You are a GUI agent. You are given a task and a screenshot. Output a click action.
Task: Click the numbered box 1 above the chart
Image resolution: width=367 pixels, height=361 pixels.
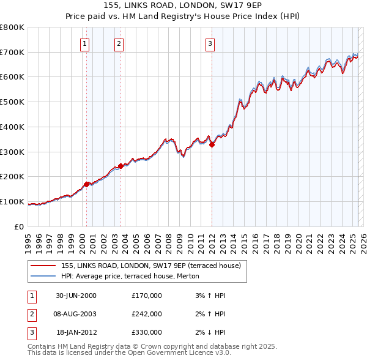click(84, 43)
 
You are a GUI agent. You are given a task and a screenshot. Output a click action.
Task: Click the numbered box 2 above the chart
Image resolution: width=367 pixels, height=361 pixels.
click(118, 43)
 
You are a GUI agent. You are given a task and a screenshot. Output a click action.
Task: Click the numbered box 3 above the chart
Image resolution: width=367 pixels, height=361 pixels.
click(210, 43)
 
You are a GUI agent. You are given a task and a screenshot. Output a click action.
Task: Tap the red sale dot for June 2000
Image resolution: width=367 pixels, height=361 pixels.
click(87, 184)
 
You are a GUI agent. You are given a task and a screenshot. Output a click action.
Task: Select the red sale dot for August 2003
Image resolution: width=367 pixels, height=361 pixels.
click(120, 166)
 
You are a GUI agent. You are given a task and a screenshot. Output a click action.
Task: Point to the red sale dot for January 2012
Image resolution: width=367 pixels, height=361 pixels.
click(212, 145)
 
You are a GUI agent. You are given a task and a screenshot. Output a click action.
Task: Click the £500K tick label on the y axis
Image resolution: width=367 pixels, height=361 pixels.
click(12, 102)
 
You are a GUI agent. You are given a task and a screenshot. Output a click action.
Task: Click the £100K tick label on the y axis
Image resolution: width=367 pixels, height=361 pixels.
click(12, 202)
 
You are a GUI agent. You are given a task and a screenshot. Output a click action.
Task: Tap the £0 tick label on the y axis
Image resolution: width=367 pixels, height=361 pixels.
click(18, 226)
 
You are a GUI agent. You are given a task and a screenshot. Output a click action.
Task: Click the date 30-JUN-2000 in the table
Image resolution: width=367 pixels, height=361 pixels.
click(76, 296)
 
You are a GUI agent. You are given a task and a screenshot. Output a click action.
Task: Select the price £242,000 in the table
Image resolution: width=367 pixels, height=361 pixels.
click(146, 314)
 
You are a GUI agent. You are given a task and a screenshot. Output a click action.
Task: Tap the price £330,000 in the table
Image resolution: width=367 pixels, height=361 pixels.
click(146, 332)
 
